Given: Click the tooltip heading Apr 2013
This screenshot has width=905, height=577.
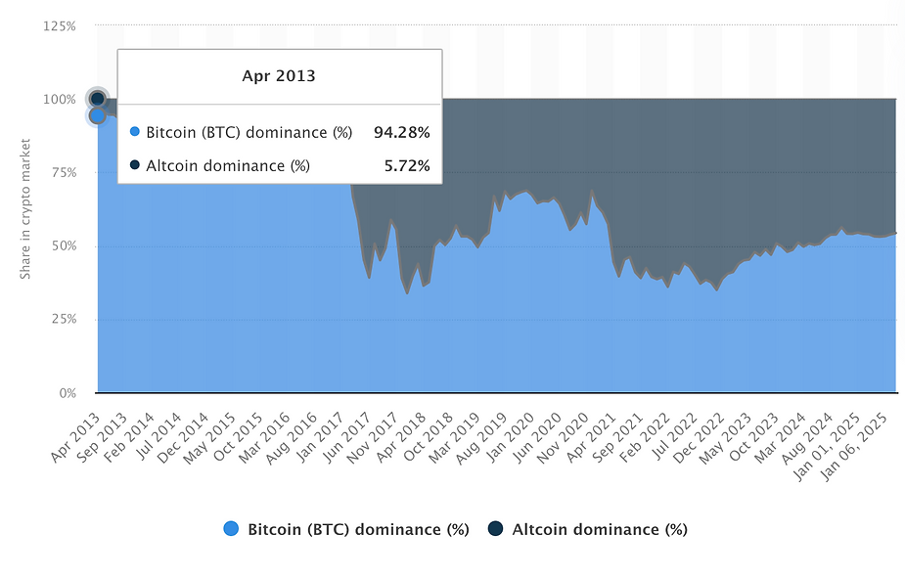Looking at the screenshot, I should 279,75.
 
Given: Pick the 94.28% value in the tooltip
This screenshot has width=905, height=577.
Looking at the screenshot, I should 401,132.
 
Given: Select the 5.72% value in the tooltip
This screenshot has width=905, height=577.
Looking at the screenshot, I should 406,165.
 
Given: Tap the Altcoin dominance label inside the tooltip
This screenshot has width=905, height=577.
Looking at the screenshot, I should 227,165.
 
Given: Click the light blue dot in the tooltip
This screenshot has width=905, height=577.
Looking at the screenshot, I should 135,132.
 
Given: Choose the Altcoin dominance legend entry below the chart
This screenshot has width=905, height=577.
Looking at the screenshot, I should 599,529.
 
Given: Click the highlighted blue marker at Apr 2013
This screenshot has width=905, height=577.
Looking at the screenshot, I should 97,115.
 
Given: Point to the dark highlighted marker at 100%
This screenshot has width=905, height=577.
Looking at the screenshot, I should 97,99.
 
